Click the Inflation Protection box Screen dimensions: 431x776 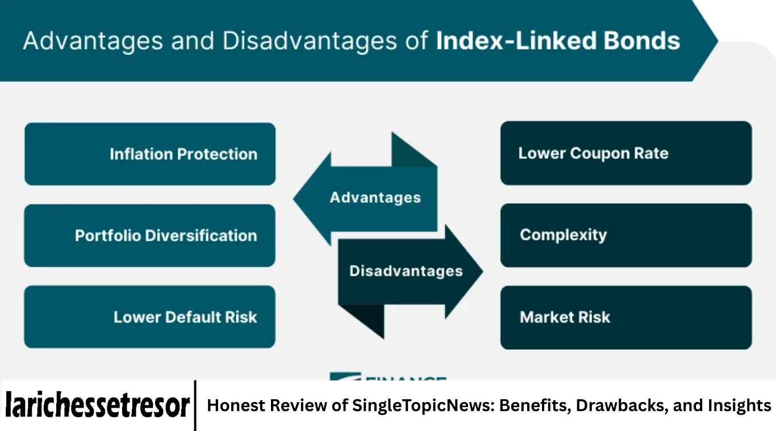(x=150, y=154)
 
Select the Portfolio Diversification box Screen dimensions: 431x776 (x=149, y=236)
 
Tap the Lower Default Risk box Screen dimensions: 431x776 (x=149, y=317)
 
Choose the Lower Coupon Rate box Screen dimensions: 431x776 (x=625, y=153)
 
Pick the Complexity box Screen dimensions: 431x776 (x=625, y=235)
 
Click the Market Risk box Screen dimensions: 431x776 (x=625, y=317)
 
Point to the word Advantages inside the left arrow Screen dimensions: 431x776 (x=375, y=198)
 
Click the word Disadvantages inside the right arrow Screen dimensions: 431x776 (x=406, y=271)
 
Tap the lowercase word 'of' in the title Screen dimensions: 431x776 (x=418, y=41)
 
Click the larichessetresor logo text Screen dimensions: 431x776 (x=97, y=405)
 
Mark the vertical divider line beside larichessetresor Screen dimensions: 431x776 (x=195, y=405)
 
